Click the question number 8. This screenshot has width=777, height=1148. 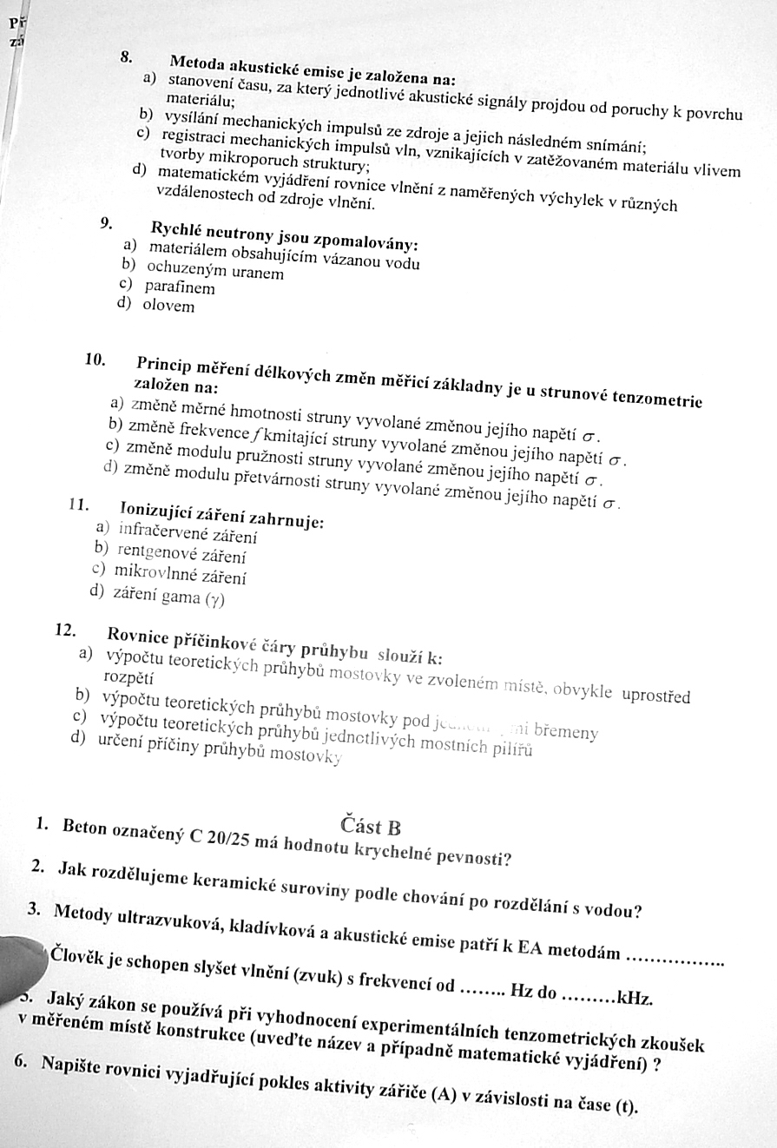click(x=126, y=56)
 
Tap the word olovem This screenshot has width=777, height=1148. click(x=168, y=306)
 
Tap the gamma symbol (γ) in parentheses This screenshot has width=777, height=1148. click(x=214, y=598)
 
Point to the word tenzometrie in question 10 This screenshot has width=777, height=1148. click(x=661, y=399)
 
